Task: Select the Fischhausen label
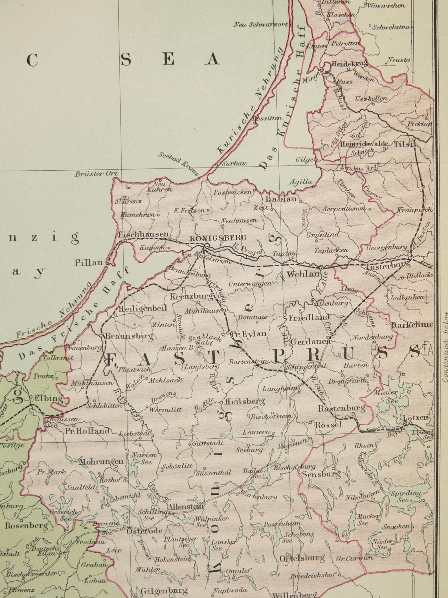[x=143, y=234]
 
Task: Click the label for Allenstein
[x=185, y=506]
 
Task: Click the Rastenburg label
[x=342, y=408]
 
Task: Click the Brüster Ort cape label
[x=96, y=174]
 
